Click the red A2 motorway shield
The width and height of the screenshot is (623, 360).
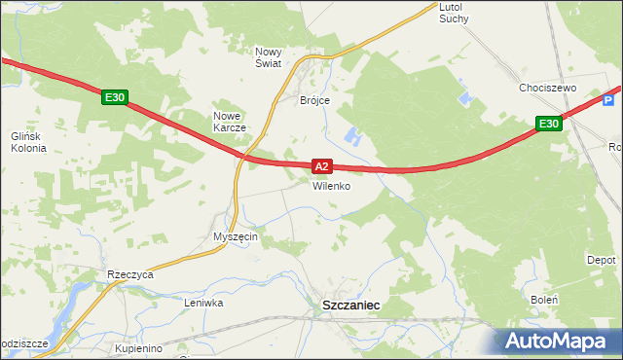(322, 166)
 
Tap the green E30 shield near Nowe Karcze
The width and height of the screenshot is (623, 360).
(115, 97)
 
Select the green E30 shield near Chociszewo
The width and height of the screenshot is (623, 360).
(549, 124)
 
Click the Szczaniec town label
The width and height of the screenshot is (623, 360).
(350, 306)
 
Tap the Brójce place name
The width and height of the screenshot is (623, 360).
(314, 100)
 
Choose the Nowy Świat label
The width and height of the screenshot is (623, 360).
(268, 57)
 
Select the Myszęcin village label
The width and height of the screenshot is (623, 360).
(235, 237)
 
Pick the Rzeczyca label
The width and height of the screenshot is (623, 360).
(131, 275)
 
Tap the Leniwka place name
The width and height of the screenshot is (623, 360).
(204, 303)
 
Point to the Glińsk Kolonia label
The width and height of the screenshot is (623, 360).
(28, 142)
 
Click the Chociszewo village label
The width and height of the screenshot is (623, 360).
(548, 88)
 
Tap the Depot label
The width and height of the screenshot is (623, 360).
(601, 261)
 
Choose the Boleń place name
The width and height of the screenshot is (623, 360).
(543, 300)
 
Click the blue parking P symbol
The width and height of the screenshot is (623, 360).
(610, 99)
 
